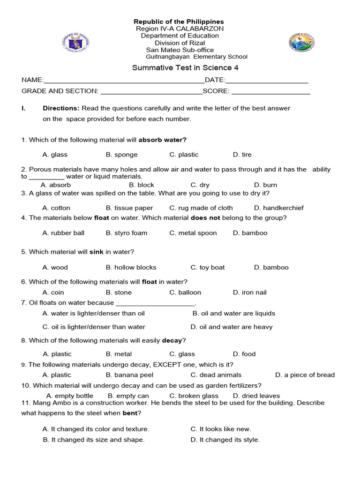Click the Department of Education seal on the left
tap(75, 43)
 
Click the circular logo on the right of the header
tap(301, 43)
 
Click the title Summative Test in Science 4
tap(185, 67)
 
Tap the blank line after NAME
tap(124, 81)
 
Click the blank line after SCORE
tap(270, 91)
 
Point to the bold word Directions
tap(61, 108)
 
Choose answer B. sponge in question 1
tap(122, 155)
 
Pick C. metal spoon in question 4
tap(193, 233)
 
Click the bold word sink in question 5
tap(97, 252)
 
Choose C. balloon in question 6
tap(185, 292)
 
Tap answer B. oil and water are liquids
tap(234, 314)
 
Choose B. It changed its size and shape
tap(94, 440)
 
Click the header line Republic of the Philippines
tap(179, 22)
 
